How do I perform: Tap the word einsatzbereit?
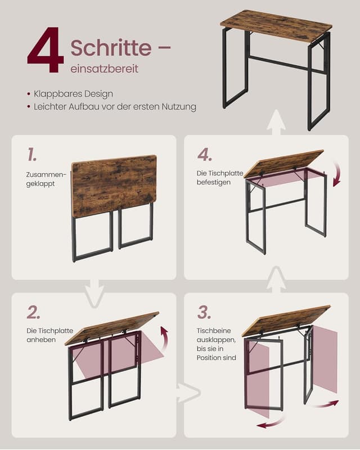[104, 69]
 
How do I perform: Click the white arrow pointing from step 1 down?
[94, 292]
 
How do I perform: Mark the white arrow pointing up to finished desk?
[276, 123]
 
